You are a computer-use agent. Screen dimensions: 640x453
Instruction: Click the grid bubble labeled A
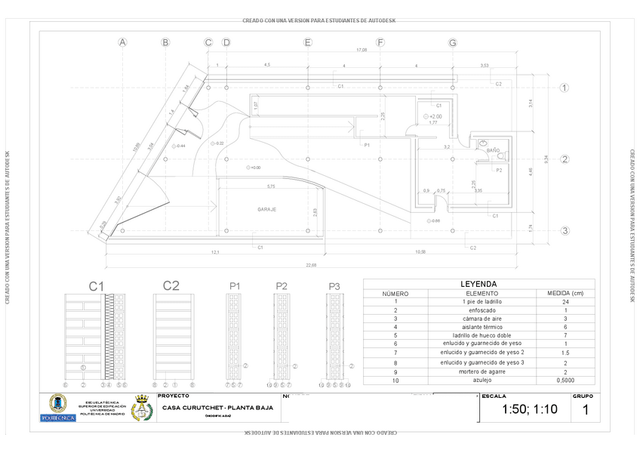click(122, 42)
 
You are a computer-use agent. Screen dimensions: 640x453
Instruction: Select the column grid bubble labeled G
click(453, 42)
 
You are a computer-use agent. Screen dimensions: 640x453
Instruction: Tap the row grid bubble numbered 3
click(563, 231)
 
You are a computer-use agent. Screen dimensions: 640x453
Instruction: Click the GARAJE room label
click(267, 209)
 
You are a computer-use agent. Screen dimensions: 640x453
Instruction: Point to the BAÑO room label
click(493, 151)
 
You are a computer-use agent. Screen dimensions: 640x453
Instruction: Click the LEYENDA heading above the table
click(478, 284)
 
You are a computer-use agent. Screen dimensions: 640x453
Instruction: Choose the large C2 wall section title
click(171, 285)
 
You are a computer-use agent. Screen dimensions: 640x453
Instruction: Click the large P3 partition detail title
click(335, 285)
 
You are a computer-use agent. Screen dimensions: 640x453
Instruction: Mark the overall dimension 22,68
click(311, 265)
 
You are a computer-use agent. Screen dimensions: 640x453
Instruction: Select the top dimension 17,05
click(362, 51)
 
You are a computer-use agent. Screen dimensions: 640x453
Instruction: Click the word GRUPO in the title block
click(583, 396)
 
